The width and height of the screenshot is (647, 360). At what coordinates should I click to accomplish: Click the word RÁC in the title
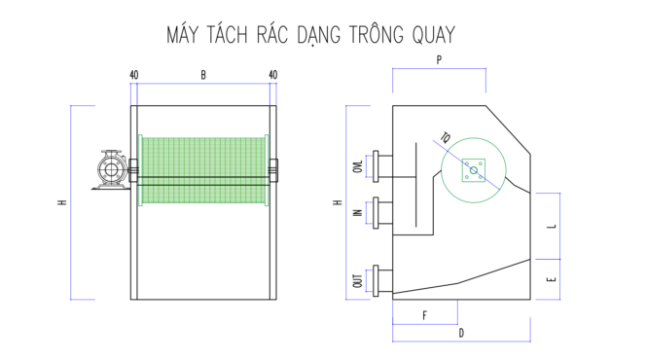pyautogui.click(x=271, y=34)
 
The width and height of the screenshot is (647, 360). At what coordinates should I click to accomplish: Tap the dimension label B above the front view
pyautogui.click(x=203, y=75)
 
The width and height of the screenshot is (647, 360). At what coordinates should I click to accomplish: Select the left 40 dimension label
pyautogui.click(x=134, y=75)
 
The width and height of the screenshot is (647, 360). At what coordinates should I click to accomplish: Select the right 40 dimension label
pyautogui.click(x=272, y=75)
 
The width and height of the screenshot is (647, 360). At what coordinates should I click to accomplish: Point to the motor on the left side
pyautogui.click(x=111, y=169)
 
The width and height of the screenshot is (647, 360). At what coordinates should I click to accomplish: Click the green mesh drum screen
pyautogui.click(x=203, y=170)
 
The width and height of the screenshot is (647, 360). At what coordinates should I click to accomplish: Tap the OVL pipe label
pyautogui.click(x=358, y=166)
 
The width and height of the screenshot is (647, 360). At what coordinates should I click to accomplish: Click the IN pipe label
pyautogui.click(x=358, y=213)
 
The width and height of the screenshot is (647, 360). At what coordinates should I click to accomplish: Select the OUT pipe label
pyautogui.click(x=358, y=281)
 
